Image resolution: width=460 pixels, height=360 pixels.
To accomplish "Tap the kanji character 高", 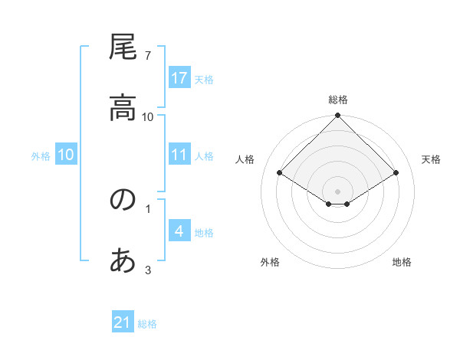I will pos(123,109).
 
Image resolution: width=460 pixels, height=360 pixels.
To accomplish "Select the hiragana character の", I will pos(123,200).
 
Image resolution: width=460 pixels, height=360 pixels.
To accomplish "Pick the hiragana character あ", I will pos(123,261).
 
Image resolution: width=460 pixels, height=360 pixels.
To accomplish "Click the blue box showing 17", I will pos(179,78).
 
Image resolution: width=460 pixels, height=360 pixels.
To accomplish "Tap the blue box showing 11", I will pos(179,155).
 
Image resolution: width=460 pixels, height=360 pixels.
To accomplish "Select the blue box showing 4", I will pos(179,231).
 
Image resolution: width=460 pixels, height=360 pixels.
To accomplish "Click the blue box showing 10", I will pos(66,155).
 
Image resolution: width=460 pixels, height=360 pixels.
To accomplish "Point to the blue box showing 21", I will pos(123,322).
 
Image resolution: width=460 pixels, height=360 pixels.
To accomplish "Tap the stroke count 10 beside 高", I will pos(148,116).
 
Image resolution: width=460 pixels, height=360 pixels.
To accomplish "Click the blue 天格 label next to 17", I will pos(204,79).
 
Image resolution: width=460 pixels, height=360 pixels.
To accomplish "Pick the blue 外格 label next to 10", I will pos(41,155).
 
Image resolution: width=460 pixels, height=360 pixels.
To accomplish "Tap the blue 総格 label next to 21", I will pos(147,323).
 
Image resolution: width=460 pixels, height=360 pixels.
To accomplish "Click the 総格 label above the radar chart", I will pos(337,100).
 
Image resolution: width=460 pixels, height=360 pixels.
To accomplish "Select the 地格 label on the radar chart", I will pos(402,262).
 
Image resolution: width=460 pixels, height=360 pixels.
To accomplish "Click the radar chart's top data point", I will pos(337,116).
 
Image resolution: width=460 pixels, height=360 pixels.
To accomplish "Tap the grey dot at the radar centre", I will pos(337,191).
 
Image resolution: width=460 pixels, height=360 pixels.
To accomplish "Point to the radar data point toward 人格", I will pos(279,173).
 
